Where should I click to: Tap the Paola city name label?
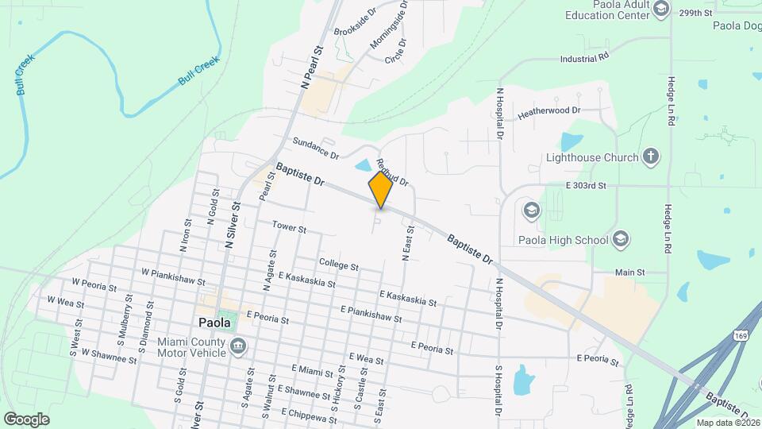tap(214, 323)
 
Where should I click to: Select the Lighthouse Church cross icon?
tap(650, 156)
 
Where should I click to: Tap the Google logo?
tap(26, 419)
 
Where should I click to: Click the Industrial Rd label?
tap(583, 58)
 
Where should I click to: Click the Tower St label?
tap(289, 228)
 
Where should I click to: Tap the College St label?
tap(339, 263)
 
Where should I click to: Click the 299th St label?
tap(696, 13)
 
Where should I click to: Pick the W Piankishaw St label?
tap(172, 276)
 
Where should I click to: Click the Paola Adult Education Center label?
tap(619, 10)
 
